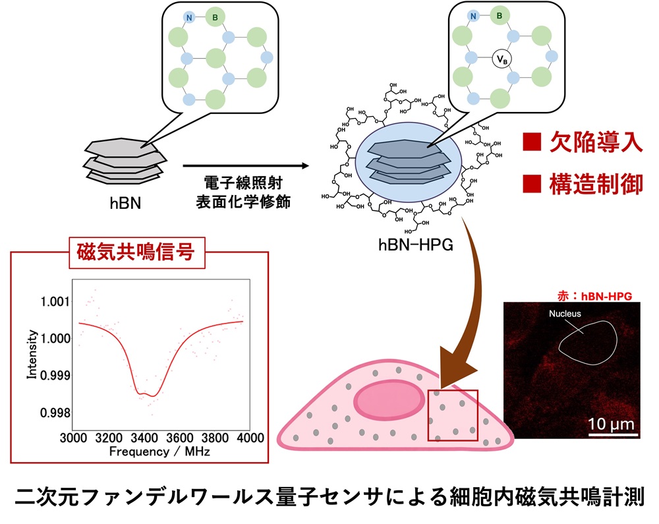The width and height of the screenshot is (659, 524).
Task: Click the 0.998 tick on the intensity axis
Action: (55, 413)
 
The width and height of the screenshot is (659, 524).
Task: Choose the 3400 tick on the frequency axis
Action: (144, 438)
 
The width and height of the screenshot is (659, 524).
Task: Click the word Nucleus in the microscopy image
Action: (565, 314)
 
